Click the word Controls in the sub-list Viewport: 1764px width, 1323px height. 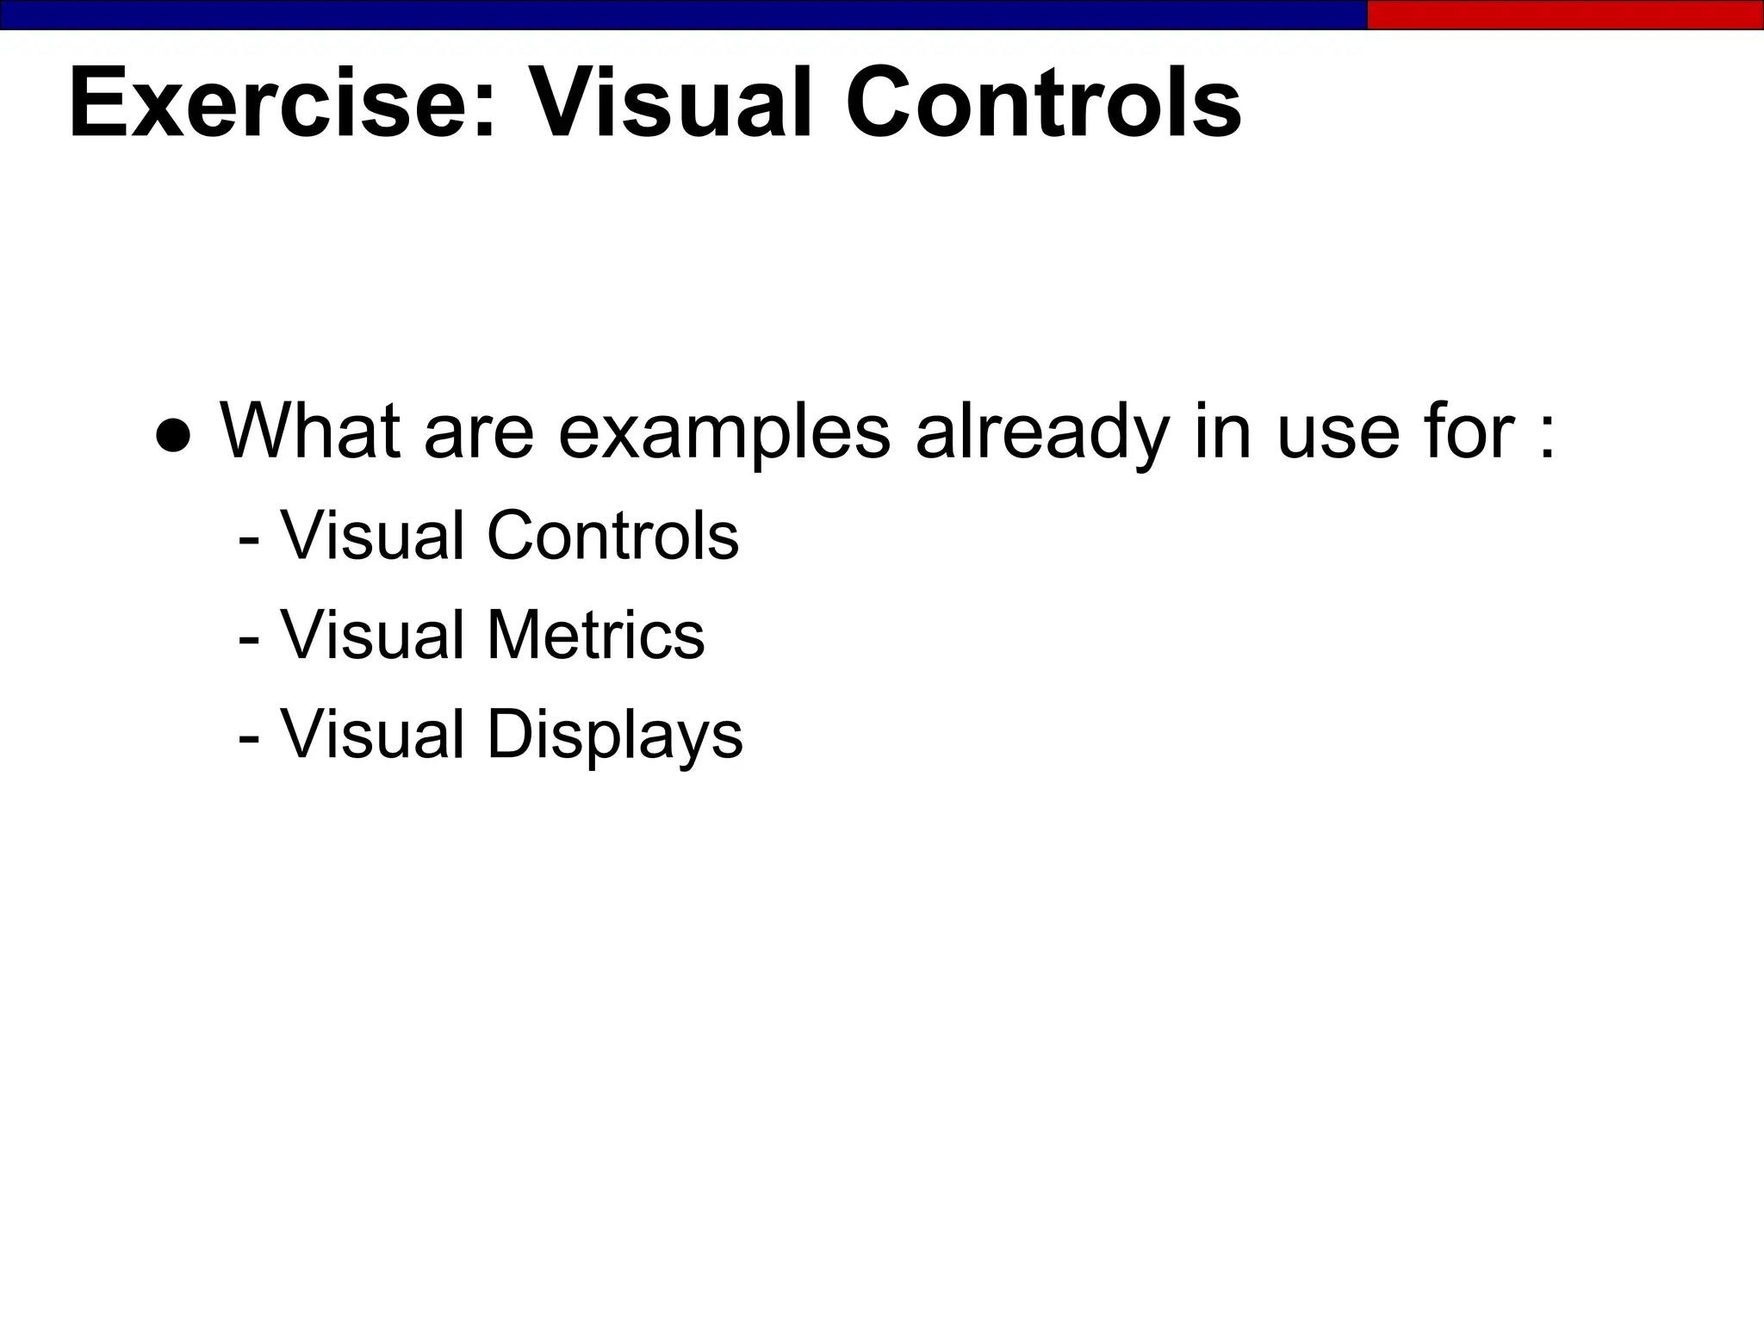click(612, 536)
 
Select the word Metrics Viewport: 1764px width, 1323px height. click(595, 636)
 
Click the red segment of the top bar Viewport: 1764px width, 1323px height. click(1564, 15)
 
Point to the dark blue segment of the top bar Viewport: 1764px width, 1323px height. click(680, 15)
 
